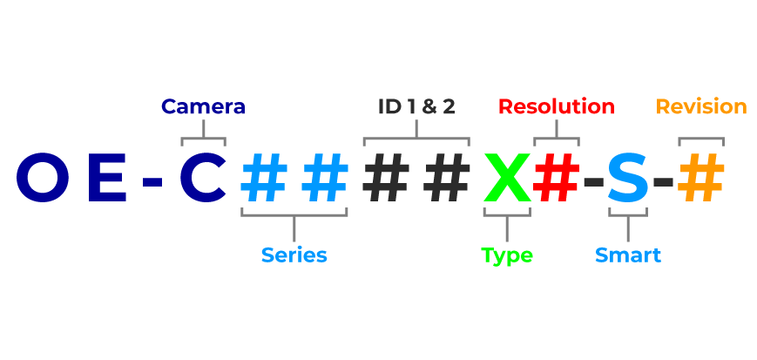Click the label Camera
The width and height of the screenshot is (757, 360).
coord(203,107)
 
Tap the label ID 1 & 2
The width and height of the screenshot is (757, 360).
coord(416,107)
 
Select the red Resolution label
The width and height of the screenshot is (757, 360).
coord(557,107)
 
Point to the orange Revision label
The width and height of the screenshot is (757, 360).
coord(701,107)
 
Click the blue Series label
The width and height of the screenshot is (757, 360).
coord(294,255)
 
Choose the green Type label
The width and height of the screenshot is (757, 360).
coord(507,255)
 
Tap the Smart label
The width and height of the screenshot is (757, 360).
coord(628,255)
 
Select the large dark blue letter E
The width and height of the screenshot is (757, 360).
coord(107,179)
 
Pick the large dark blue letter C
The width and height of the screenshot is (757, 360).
coord(203,179)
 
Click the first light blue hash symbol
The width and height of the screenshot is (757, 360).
coord(264,179)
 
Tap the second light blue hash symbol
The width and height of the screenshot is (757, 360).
coord(324,179)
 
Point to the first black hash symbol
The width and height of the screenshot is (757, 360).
coord(386,179)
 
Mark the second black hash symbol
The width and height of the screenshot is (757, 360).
coord(446,179)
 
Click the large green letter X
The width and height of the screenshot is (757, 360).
coord(507,179)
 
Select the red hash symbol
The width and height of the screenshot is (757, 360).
coord(557,179)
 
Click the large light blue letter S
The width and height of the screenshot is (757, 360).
coord(628,179)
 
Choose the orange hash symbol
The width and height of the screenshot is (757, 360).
coord(701,179)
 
